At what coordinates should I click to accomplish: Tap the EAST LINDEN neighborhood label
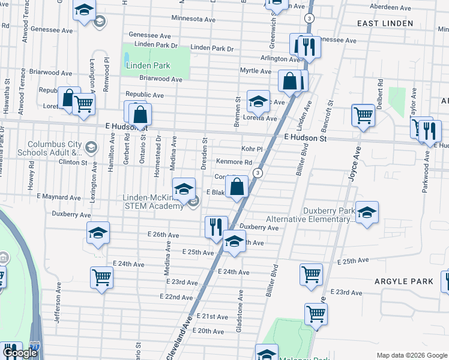pos(385,23)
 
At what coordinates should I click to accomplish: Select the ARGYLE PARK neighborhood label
pos(404,281)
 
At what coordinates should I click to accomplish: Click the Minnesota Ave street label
pos(193,19)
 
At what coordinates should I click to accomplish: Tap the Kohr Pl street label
pos(252,148)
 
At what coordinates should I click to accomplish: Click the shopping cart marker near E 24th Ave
pos(101,277)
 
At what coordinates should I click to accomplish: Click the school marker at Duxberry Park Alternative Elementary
pos(367,212)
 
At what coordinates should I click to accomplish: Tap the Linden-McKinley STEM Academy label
pos(153,202)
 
